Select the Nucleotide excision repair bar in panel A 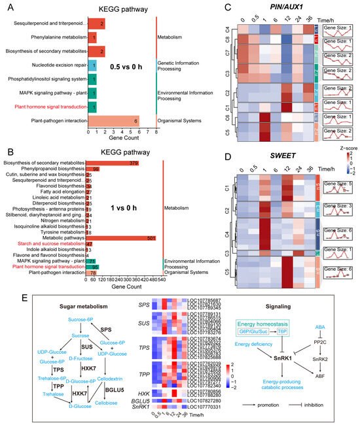(92, 65)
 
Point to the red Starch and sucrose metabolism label (52, 244)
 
